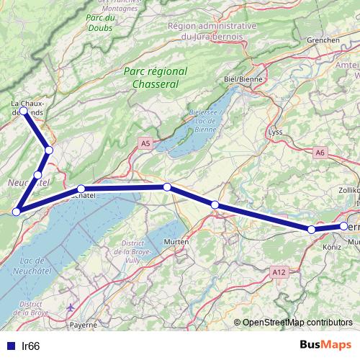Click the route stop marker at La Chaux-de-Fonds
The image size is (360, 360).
24,111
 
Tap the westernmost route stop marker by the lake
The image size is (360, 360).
16,211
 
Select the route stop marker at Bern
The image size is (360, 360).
343,226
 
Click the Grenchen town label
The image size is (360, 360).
322,40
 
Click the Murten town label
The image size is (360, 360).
176,242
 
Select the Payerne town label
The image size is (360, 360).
83,325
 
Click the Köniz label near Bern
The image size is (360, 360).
332,246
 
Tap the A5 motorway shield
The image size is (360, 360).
146,144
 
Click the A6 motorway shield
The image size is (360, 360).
320,152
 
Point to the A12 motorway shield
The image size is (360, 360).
279,271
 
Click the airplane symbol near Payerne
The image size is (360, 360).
70,308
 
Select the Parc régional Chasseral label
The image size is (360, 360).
155,78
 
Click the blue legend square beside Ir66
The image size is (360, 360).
9,346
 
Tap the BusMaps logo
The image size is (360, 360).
324,345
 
